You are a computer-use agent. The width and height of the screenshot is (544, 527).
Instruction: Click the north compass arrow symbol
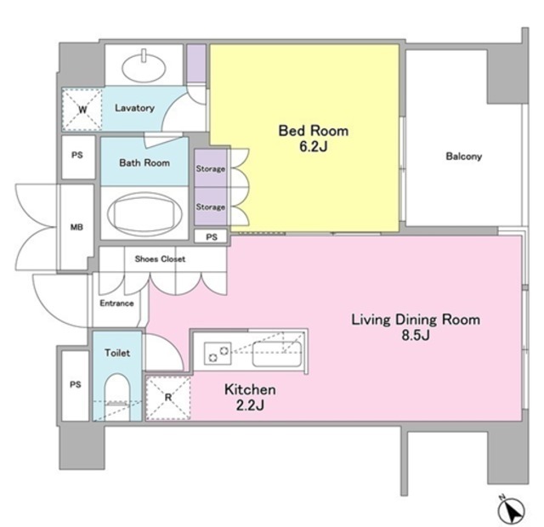511,511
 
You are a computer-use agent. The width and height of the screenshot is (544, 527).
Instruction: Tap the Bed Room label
314,131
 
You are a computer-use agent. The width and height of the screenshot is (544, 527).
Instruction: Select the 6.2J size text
314,146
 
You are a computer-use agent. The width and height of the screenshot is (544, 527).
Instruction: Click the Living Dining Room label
416,320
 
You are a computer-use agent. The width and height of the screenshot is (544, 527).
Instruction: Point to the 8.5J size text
416,335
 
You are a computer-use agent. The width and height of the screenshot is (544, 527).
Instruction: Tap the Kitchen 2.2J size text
250,405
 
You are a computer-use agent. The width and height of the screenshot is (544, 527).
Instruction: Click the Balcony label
463,156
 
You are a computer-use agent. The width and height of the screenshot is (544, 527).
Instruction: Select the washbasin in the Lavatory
144,66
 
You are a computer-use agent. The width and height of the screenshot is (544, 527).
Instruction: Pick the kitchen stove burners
218,354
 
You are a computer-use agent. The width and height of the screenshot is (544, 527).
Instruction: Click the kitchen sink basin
276,354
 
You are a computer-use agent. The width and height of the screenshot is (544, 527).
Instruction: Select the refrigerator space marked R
168,398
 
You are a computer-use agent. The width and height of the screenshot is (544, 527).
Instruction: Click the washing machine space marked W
82,110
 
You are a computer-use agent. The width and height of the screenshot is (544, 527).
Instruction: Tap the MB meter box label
76,227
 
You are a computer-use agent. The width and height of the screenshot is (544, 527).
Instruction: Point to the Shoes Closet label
160,258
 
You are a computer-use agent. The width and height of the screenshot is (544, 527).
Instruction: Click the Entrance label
116,303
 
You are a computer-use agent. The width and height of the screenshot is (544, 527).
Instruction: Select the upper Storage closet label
211,169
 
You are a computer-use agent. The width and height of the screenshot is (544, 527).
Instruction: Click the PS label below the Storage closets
212,237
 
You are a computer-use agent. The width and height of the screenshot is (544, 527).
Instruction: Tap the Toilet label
117,353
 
